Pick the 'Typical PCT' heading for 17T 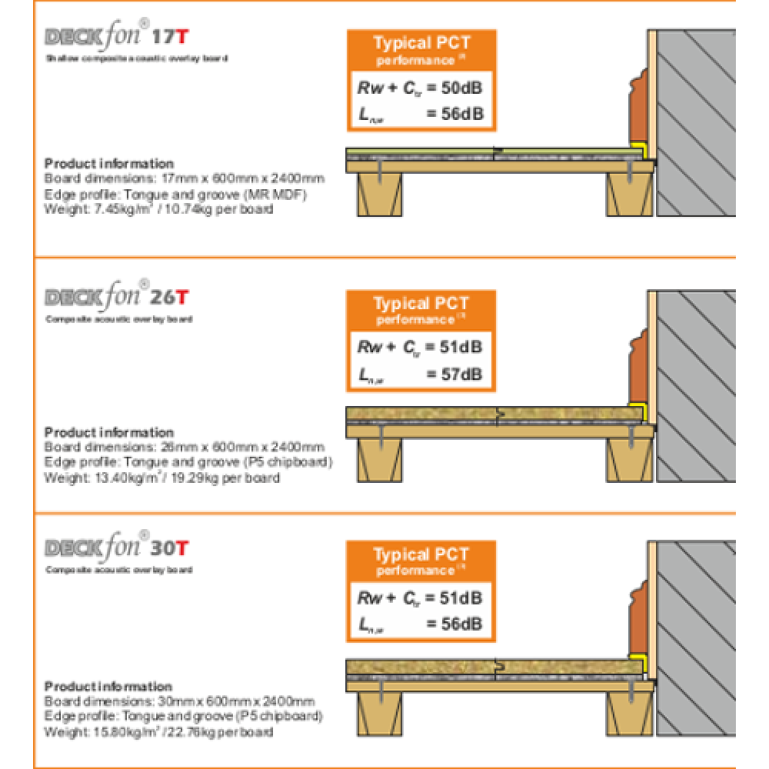click(x=421, y=43)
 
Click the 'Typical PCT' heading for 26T click(x=421, y=303)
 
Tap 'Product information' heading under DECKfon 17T click(x=109, y=163)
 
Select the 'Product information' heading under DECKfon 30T click(x=108, y=686)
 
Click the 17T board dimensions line click(x=184, y=179)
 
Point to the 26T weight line click(x=161, y=478)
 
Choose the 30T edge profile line click(x=183, y=716)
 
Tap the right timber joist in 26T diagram click(x=631, y=462)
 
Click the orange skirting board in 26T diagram click(x=637, y=369)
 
